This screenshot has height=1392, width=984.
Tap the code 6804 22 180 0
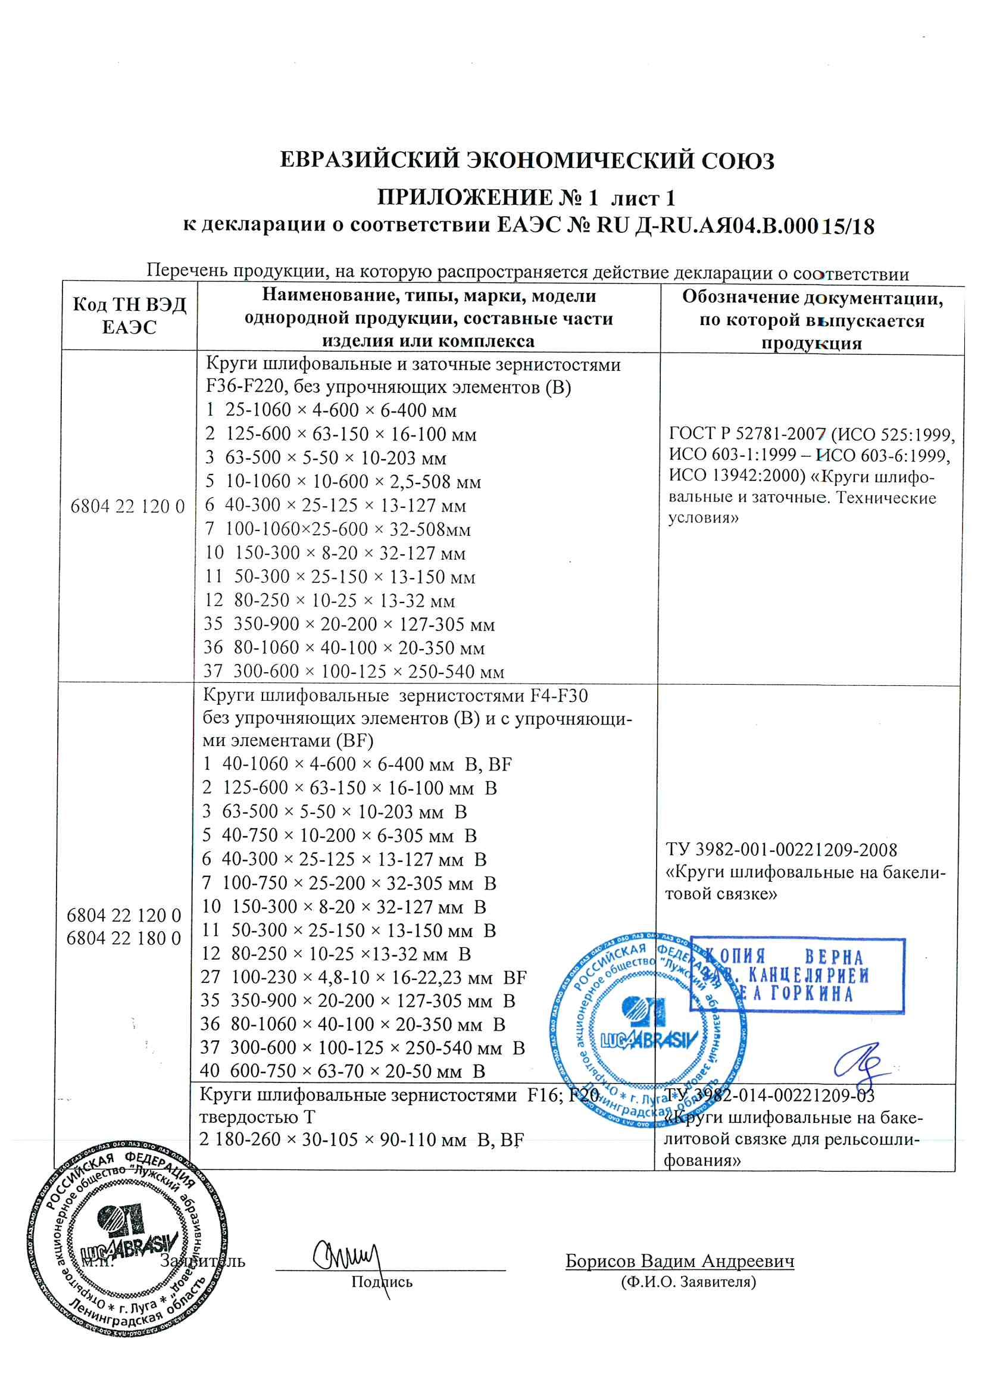click(126, 938)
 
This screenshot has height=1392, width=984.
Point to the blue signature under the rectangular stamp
click(858, 1064)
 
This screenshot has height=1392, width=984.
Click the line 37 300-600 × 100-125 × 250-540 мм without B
click(355, 671)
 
